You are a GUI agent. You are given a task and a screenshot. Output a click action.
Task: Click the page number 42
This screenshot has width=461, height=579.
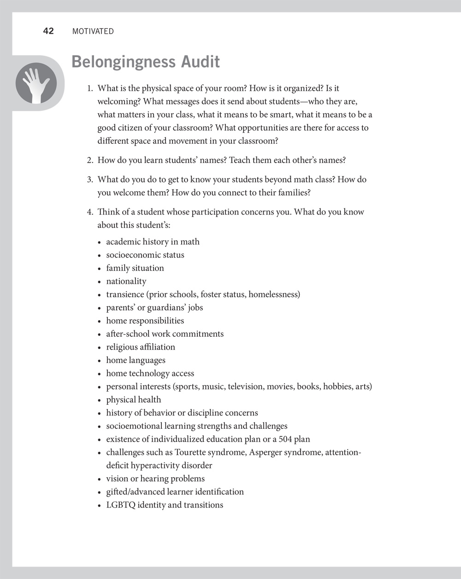48,31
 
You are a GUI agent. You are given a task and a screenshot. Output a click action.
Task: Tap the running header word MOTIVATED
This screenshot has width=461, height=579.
93,32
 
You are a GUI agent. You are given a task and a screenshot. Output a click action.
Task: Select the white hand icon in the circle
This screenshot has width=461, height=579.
36,83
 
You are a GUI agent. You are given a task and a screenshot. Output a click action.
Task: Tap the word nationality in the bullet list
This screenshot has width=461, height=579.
126,281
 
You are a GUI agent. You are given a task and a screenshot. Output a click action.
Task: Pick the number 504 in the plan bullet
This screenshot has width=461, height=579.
286,439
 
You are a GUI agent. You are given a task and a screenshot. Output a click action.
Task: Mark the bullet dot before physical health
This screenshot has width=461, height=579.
100,400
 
